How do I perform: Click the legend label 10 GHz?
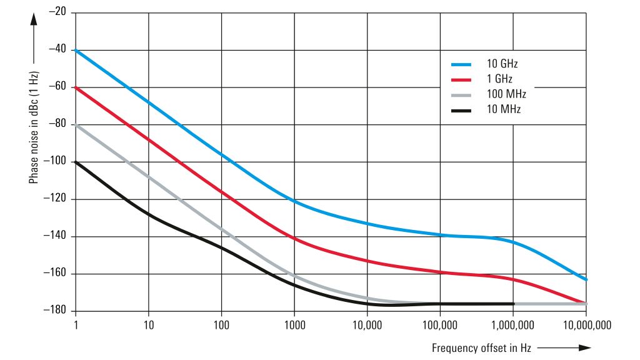tap(502, 64)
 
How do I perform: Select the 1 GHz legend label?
tap(500, 79)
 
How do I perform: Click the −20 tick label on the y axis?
tap(57, 12)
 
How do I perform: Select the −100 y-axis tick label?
tap(54, 161)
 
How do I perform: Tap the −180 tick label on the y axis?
tap(54, 311)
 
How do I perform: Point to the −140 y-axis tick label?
tap(54, 236)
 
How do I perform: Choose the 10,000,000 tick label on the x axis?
tap(586, 326)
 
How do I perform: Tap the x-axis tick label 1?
tap(76, 326)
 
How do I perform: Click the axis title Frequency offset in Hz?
tap(480, 347)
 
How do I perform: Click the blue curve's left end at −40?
tap(76, 50)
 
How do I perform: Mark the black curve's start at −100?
tap(76, 162)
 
